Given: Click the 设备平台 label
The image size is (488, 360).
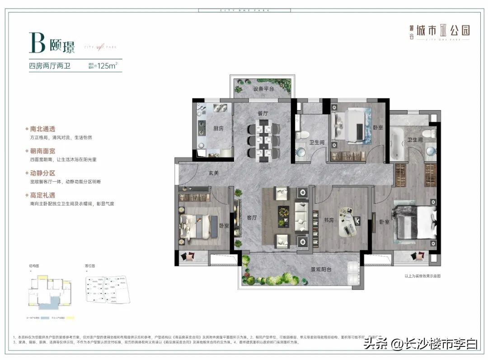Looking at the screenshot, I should (263, 89).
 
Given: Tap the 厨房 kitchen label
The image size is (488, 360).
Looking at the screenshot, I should (218, 128).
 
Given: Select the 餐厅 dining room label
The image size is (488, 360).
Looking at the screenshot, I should (263, 113).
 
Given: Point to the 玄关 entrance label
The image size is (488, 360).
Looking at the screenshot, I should (214, 173).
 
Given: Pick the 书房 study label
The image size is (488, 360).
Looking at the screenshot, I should (328, 221).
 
